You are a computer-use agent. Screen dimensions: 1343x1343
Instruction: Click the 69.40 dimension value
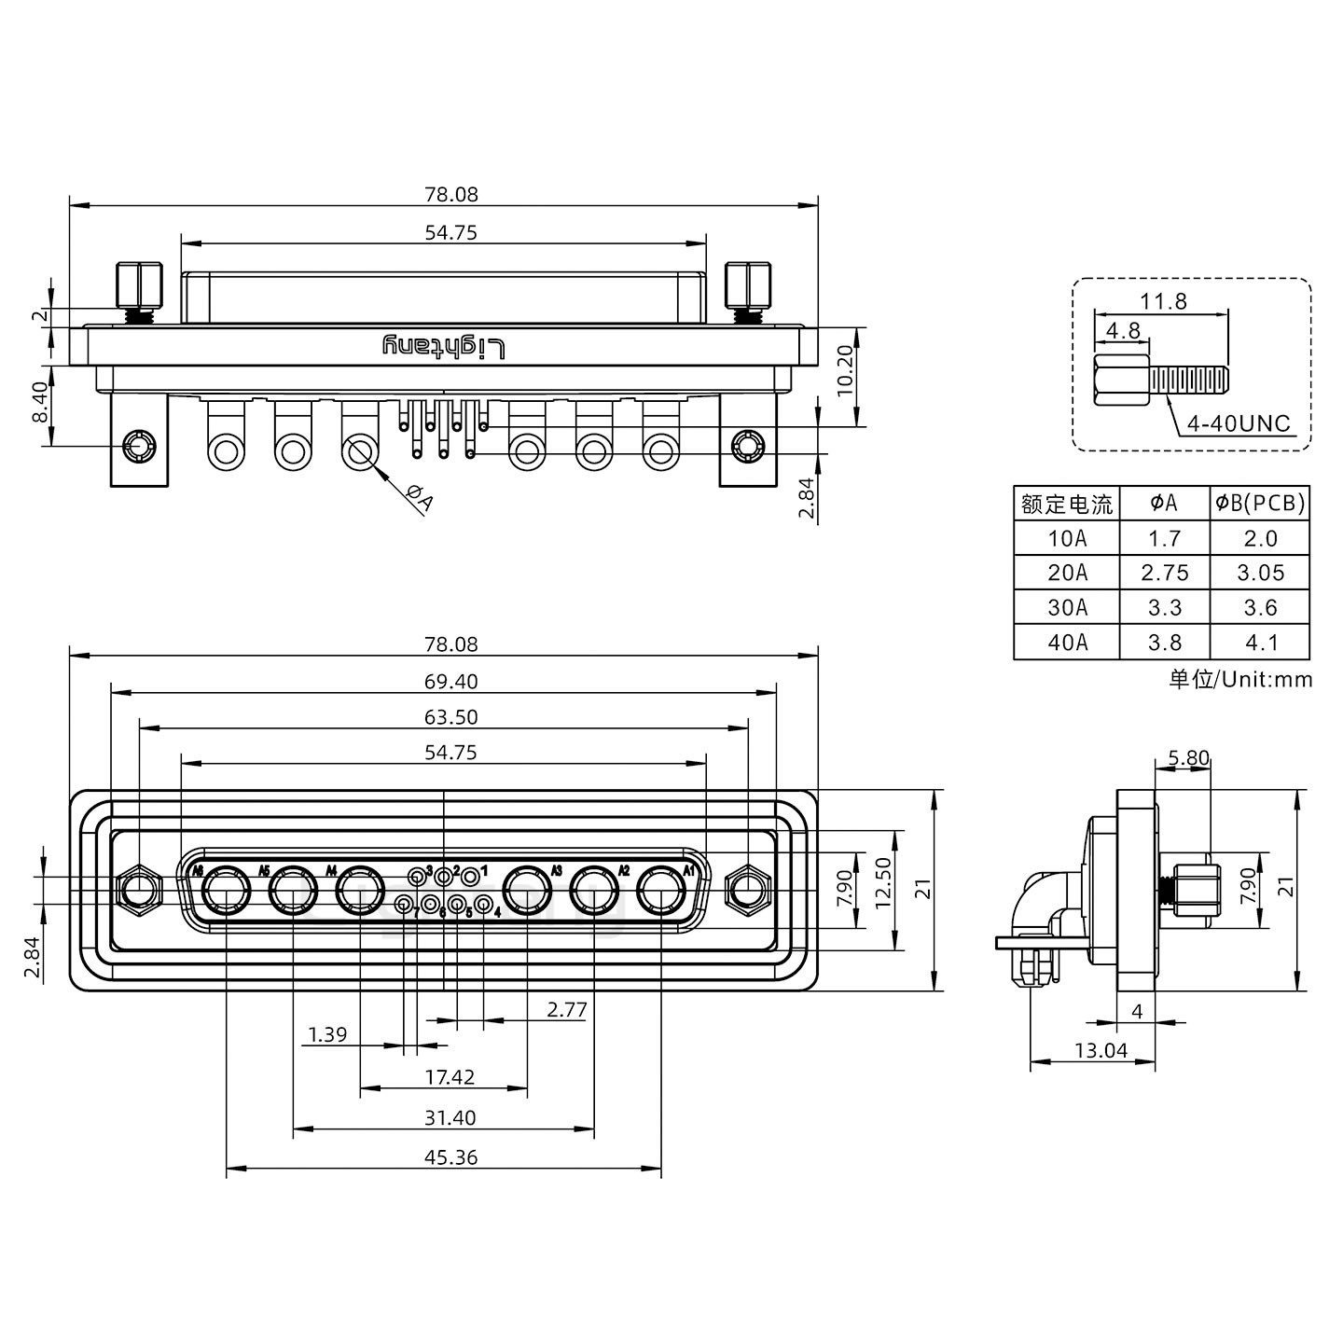point(450,682)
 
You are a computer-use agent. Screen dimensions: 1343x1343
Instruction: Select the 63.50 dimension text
point(450,717)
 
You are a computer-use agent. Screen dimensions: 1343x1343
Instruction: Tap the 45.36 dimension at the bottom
point(450,1157)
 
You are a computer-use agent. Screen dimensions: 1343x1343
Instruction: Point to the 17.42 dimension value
point(450,1077)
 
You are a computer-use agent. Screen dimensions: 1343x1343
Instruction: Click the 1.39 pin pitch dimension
point(327,1034)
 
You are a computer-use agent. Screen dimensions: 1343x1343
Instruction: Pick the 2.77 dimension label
point(567,1009)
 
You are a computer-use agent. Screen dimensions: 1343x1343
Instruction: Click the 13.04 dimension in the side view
point(1101,1051)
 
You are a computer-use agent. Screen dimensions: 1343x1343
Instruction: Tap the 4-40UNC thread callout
point(1238,424)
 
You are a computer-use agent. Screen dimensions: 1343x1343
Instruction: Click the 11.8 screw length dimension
point(1163,301)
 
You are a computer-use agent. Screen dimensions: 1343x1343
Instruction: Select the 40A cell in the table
point(1067,643)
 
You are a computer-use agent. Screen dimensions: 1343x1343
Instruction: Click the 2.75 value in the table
point(1165,573)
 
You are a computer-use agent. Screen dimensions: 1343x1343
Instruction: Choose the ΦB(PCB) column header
point(1260,504)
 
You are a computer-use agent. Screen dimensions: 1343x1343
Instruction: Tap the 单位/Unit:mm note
point(1240,679)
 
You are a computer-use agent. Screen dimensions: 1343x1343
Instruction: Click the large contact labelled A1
point(661,892)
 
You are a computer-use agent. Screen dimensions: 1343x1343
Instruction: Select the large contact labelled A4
point(360,892)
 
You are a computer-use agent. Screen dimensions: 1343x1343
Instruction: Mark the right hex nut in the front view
point(746,890)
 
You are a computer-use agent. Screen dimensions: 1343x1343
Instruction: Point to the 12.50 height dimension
point(884,881)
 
